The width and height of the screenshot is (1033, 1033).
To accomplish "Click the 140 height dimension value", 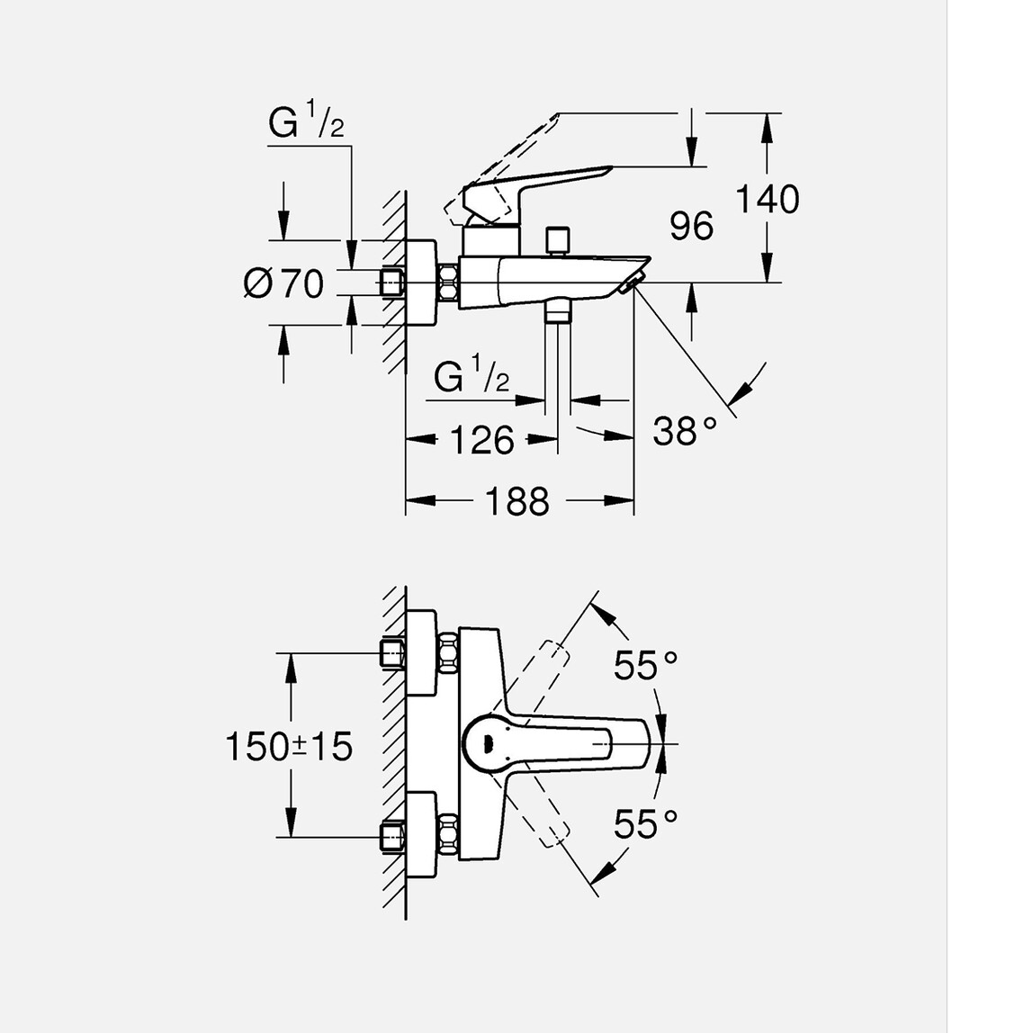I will tap(768, 199).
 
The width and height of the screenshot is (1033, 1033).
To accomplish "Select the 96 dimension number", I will tap(691, 227).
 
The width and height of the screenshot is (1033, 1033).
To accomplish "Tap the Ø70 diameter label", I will tap(283, 284).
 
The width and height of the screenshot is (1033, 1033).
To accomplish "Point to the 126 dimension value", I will tap(481, 440).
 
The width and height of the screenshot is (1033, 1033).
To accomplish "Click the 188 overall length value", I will tap(516, 500).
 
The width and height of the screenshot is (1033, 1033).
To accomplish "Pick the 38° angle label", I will tap(685, 431).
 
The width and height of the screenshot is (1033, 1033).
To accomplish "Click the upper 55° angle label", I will tap(645, 666).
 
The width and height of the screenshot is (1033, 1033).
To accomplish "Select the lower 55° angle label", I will tap(645, 823).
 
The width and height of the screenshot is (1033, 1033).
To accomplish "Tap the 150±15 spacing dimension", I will tap(288, 746).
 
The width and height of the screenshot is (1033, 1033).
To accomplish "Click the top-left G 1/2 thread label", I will tap(306, 122).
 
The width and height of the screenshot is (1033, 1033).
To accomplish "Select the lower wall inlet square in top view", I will tap(392, 836).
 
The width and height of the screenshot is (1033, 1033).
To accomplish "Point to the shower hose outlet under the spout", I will tap(557, 312).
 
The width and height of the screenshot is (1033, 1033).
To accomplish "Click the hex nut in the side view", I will tap(447, 283).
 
